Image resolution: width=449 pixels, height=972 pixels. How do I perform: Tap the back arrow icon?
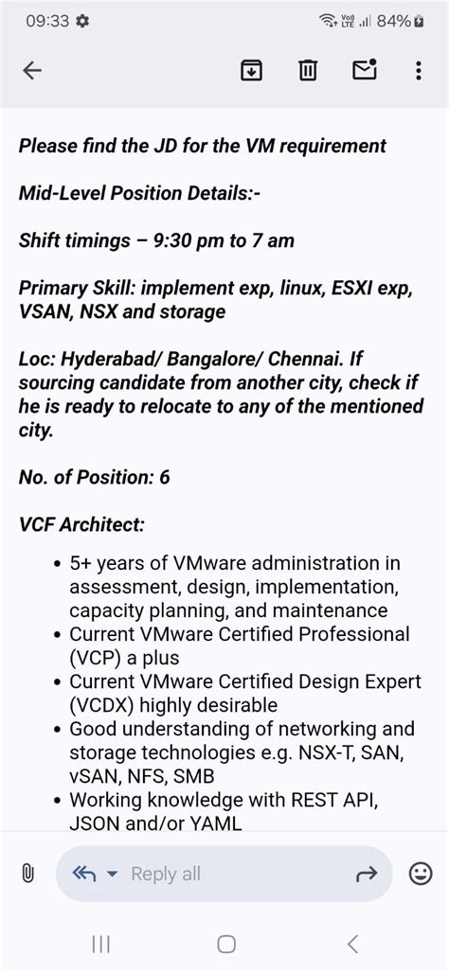click(32, 71)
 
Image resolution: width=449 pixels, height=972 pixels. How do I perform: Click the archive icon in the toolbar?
click(251, 71)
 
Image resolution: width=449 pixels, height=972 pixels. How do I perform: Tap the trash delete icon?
click(308, 71)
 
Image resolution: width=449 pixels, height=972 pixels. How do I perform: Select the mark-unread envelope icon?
click(365, 70)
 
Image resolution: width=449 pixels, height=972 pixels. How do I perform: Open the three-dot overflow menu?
click(419, 71)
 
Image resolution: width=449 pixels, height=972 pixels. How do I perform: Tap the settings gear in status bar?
click(83, 21)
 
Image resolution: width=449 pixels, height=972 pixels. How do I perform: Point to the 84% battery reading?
click(392, 21)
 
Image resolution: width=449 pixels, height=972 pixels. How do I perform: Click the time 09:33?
click(46, 21)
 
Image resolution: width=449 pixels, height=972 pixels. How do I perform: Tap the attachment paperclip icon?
click(27, 874)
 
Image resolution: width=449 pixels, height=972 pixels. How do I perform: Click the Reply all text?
click(166, 874)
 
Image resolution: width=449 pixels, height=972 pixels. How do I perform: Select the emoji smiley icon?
click(420, 874)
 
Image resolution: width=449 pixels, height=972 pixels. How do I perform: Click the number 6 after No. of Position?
click(165, 477)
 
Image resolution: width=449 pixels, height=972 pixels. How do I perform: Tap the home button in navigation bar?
click(225, 943)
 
